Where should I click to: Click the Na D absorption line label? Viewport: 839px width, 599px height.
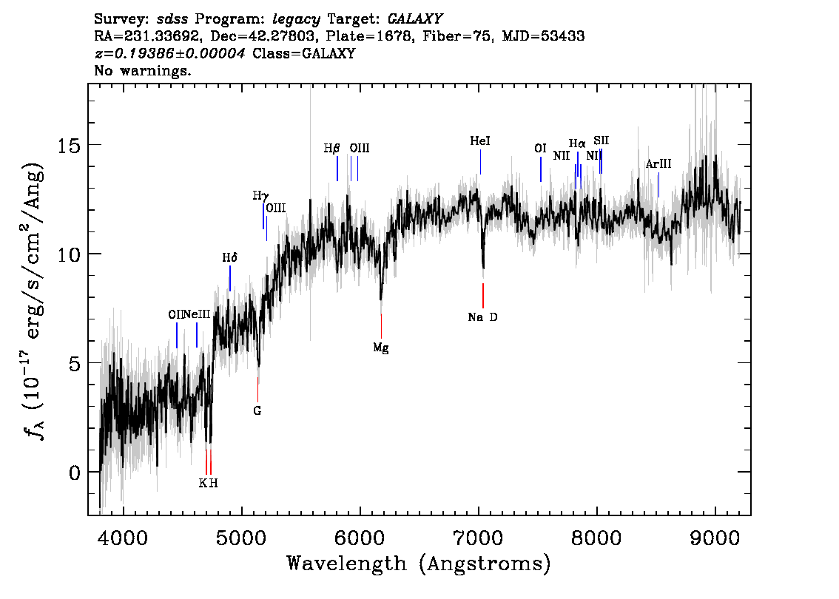point(482,317)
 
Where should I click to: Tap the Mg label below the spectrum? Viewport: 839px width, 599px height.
point(380,348)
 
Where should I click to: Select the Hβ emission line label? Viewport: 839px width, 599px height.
point(331,148)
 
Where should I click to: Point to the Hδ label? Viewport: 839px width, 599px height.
point(229,258)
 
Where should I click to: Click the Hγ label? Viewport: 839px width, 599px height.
point(260,196)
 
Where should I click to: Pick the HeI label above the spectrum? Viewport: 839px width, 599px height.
point(480,141)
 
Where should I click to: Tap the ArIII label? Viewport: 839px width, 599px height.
point(658,164)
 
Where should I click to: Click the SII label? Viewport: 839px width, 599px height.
point(601,141)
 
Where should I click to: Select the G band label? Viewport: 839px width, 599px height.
point(257,410)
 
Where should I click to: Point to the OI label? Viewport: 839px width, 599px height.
point(540,149)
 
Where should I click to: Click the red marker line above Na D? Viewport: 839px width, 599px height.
point(483,295)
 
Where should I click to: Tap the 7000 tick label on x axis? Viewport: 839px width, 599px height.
point(479,536)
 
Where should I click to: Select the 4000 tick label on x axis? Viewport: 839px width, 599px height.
point(122,536)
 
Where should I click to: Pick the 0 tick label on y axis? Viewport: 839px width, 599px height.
point(73,472)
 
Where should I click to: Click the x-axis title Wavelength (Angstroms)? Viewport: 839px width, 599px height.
point(418,564)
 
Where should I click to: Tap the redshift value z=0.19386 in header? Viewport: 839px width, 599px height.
point(169,54)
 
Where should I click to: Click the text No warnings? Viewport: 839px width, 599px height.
point(143,72)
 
